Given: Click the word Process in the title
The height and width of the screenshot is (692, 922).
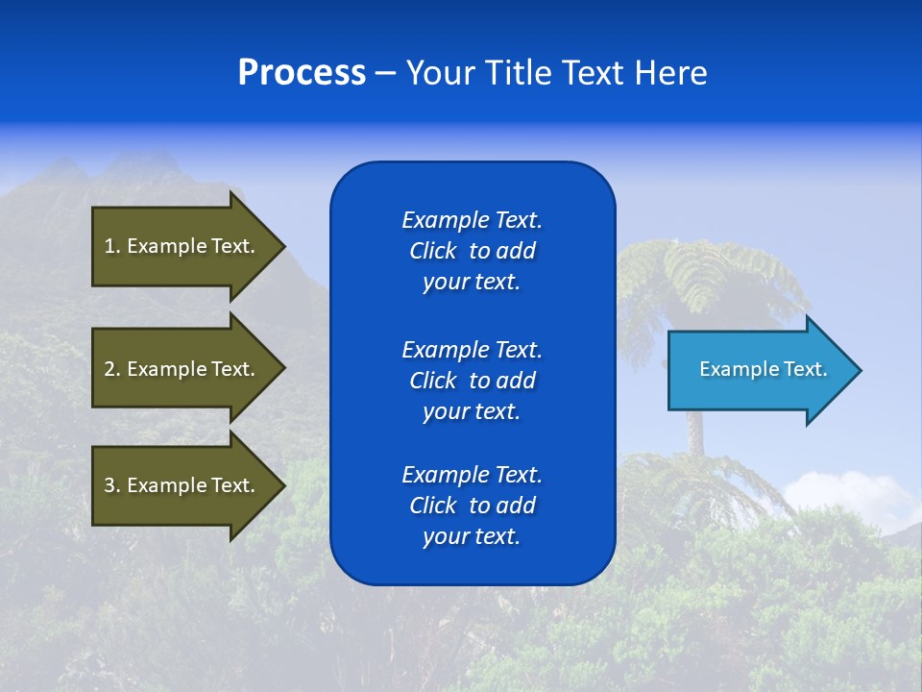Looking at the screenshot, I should [x=302, y=73].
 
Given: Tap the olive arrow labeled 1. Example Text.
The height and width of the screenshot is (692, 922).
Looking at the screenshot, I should [x=180, y=246].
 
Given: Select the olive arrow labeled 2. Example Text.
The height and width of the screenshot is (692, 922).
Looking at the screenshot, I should [x=180, y=369].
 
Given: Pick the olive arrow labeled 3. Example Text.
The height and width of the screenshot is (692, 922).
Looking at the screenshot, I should [x=180, y=485].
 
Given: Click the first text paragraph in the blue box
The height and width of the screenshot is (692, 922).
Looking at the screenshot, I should [x=472, y=251].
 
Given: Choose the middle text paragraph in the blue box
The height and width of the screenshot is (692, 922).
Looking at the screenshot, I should [x=472, y=381].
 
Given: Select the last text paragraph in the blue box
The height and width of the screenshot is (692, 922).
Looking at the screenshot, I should [x=472, y=506].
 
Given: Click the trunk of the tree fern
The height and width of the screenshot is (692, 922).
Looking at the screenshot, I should [x=694, y=432].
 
